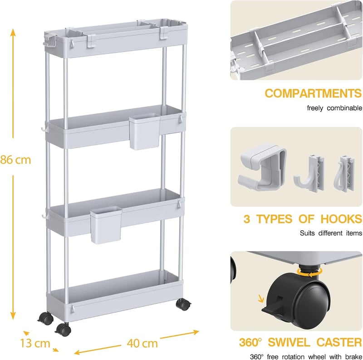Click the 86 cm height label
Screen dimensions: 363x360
coord(15,160)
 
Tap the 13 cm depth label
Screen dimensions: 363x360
coord(35,343)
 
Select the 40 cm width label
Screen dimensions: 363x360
coord(142,343)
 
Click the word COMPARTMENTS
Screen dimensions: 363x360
coord(313,93)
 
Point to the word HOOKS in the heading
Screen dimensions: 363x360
coord(341,219)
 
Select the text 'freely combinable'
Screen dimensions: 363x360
coord(334,108)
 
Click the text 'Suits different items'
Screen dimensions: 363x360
coord(331,233)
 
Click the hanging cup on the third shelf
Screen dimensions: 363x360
coord(106,225)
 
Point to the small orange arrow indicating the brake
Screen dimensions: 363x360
coord(261,298)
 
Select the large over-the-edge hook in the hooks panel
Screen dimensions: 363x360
coord(262,166)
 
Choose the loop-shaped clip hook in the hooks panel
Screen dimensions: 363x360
coord(344,174)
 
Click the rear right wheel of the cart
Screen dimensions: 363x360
coord(183,304)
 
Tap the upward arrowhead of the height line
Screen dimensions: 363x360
coord(13,33)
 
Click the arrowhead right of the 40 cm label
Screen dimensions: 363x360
coord(196,332)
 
